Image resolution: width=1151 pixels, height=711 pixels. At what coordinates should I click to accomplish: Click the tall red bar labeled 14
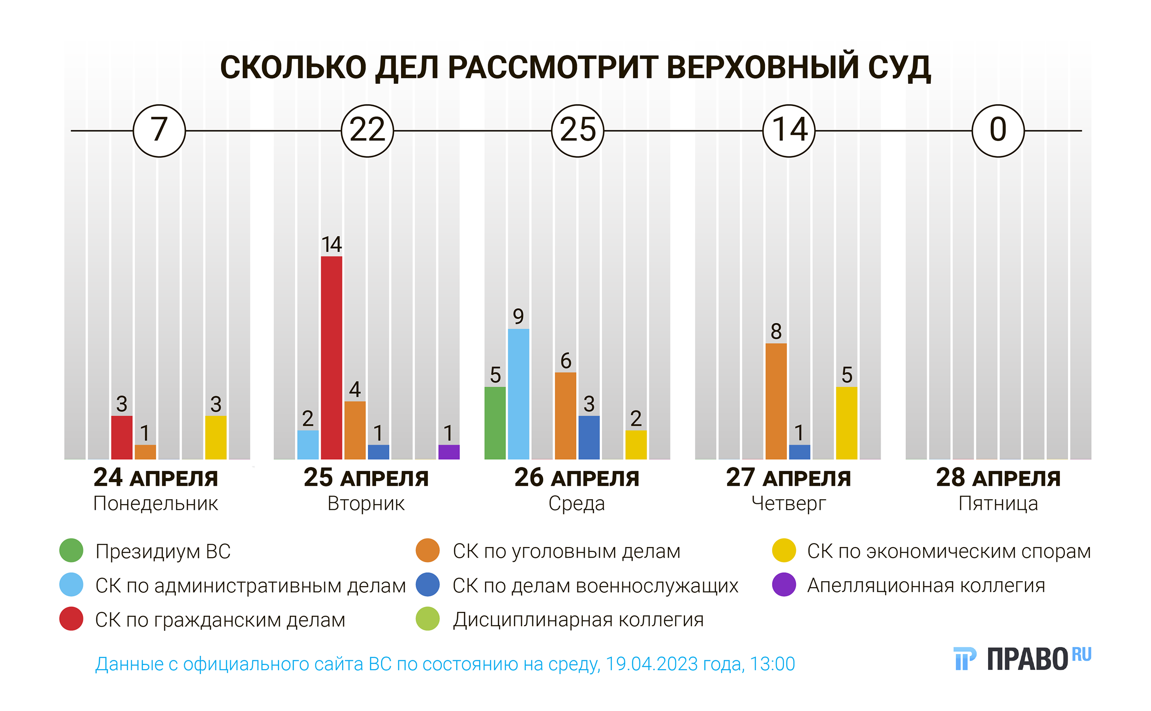point(331,357)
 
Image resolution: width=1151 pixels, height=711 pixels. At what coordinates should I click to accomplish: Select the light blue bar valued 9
point(518,394)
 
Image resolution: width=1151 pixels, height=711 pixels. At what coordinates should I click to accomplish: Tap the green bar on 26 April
point(494,423)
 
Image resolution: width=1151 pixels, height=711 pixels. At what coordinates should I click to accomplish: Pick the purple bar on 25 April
point(448,451)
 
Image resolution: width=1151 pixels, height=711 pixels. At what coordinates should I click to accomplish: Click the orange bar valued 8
point(776,401)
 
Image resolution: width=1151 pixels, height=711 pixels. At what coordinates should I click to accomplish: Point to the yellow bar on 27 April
point(846,423)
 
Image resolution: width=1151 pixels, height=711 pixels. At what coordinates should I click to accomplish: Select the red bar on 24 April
point(122,437)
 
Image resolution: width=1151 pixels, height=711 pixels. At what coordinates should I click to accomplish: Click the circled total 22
point(367,130)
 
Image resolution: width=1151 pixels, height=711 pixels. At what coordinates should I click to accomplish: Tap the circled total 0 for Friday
point(998,130)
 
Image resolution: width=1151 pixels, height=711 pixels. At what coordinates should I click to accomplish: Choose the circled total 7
point(159,130)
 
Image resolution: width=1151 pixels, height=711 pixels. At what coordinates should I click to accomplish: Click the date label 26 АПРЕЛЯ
point(576,478)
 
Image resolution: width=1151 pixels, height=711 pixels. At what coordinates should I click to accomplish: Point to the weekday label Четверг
point(789,504)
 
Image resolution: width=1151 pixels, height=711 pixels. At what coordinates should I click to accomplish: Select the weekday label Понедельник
point(156,504)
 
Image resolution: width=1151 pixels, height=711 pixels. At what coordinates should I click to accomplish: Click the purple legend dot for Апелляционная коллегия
point(784,584)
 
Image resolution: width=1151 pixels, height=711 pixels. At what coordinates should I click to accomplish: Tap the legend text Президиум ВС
point(163,551)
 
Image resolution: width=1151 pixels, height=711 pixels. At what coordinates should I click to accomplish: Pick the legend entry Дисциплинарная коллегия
point(578,619)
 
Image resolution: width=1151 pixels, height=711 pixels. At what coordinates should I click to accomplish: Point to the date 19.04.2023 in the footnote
point(651,664)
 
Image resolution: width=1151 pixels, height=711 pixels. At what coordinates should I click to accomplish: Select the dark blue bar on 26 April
point(589,437)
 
